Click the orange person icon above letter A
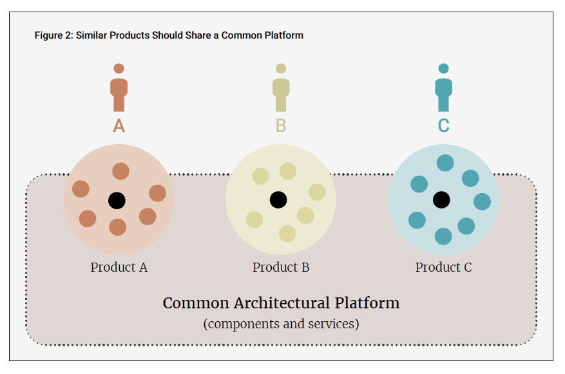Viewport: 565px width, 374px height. pyautogui.click(x=119, y=88)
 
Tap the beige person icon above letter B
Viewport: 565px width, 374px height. pyautogui.click(x=281, y=88)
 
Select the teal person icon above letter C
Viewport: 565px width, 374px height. pyautogui.click(x=443, y=88)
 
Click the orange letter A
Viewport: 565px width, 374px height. pyautogui.click(x=119, y=126)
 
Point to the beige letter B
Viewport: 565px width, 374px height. pyautogui.click(x=281, y=126)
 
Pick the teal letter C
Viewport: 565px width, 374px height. pyautogui.click(x=443, y=126)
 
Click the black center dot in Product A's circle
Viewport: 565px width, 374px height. pyautogui.click(x=117, y=200)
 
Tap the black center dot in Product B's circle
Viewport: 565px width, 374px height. pyautogui.click(x=278, y=200)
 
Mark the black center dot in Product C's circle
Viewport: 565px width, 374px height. pyautogui.click(x=441, y=200)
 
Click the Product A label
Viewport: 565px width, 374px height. pyautogui.click(x=119, y=267)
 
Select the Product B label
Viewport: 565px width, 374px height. pyautogui.click(x=281, y=267)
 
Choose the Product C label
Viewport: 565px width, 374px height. pyautogui.click(x=443, y=267)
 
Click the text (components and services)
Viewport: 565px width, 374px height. pyautogui.click(x=281, y=323)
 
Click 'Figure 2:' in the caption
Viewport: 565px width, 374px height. pyautogui.click(x=53, y=35)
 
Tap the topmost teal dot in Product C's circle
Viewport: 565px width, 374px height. pyautogui.click(x=445, y=163)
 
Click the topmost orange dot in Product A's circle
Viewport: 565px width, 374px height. pyautogui.click(x=120, y=171)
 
